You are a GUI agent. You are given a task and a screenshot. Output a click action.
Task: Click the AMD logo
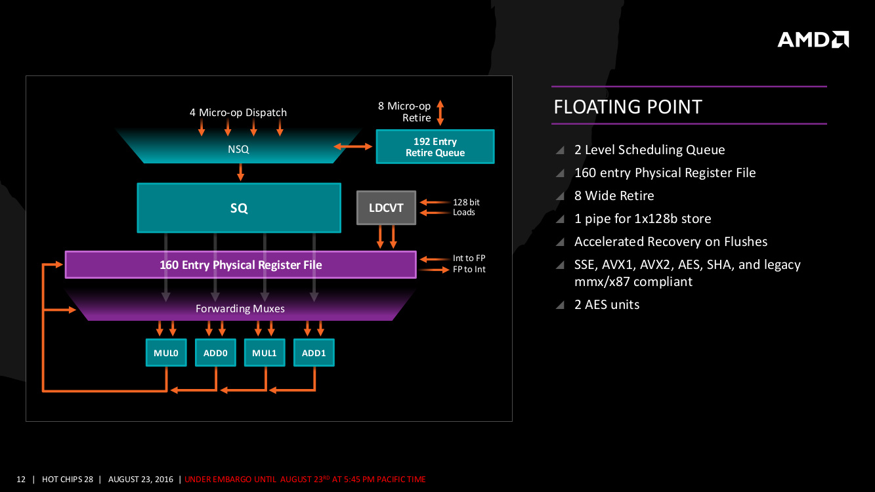click(813, 39)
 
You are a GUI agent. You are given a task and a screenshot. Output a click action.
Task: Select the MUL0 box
click(166, 353)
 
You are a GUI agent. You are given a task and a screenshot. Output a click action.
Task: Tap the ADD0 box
click(215, 353)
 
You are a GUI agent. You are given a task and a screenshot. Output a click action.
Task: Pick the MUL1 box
click(265, 353)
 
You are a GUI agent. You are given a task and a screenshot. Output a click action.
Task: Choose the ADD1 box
click(314, 353)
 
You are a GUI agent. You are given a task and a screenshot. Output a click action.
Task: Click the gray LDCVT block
click(386, 208)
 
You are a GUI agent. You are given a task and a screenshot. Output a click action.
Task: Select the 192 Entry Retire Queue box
click(435, 147)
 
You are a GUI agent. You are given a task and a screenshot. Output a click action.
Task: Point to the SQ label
click(239, 208)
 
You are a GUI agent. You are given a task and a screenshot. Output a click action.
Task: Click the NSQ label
click(238, 150)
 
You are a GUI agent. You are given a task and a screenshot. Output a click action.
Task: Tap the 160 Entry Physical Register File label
click(241, 265)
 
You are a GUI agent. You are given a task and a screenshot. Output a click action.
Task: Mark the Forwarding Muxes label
click(240, 308)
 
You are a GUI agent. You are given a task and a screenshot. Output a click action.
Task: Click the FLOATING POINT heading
click(628, 107)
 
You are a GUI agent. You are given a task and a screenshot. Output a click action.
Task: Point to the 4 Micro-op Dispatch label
click(238, 112)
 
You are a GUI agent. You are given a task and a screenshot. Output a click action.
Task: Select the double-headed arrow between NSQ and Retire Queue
click(353, 147)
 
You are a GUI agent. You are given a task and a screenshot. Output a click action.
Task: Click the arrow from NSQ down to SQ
click(241, 173)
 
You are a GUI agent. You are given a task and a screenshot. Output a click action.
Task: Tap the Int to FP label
click(469, 258)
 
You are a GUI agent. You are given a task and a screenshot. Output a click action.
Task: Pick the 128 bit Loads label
click(465, 207)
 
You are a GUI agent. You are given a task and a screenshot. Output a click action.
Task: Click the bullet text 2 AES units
click(607, 304)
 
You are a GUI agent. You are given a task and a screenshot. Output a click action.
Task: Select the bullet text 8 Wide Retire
click(614, 195)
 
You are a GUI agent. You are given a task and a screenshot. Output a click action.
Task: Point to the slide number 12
click(21, 480)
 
